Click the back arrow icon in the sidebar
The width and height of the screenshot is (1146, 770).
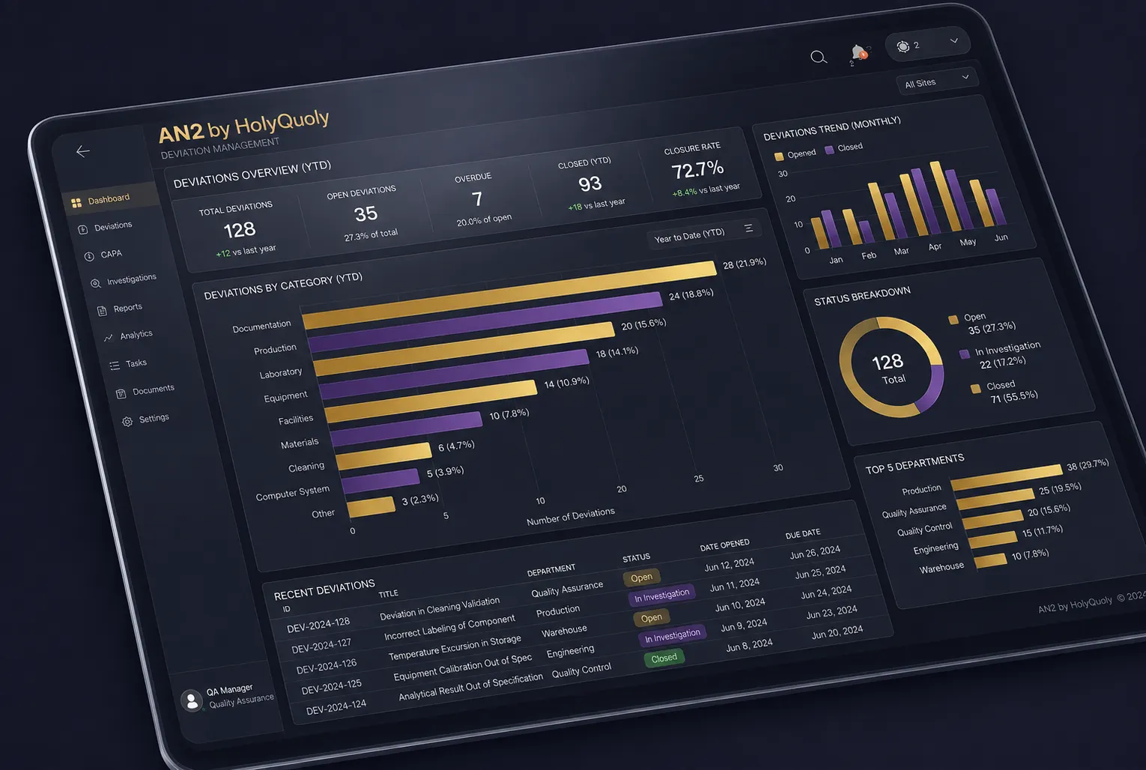pos(83,151)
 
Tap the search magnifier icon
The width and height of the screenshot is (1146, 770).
pos(819,57)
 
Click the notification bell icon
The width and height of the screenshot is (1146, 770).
pos(858,52)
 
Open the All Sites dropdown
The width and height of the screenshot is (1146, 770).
pos(937,81)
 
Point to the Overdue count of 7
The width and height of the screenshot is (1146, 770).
pos(477,198)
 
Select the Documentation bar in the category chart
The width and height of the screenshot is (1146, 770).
pos(509,294)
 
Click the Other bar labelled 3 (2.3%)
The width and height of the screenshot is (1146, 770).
pos(371,507)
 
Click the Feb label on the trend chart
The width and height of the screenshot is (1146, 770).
pos(869,255)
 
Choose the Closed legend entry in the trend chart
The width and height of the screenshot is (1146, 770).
pos(844,148)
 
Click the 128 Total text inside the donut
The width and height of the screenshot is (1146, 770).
pos(888,369)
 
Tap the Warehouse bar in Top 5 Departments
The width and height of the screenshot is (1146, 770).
pos(991,560)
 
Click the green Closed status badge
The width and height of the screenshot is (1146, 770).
pos(664,658)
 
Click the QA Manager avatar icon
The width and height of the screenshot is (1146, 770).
pos(192,700)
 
